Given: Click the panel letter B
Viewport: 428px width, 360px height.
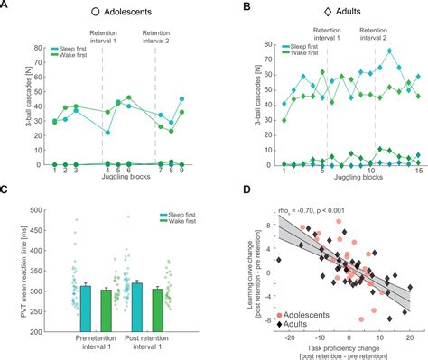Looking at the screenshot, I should [221, 7].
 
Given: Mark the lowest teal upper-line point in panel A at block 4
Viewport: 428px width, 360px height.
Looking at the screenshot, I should [107, 132].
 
